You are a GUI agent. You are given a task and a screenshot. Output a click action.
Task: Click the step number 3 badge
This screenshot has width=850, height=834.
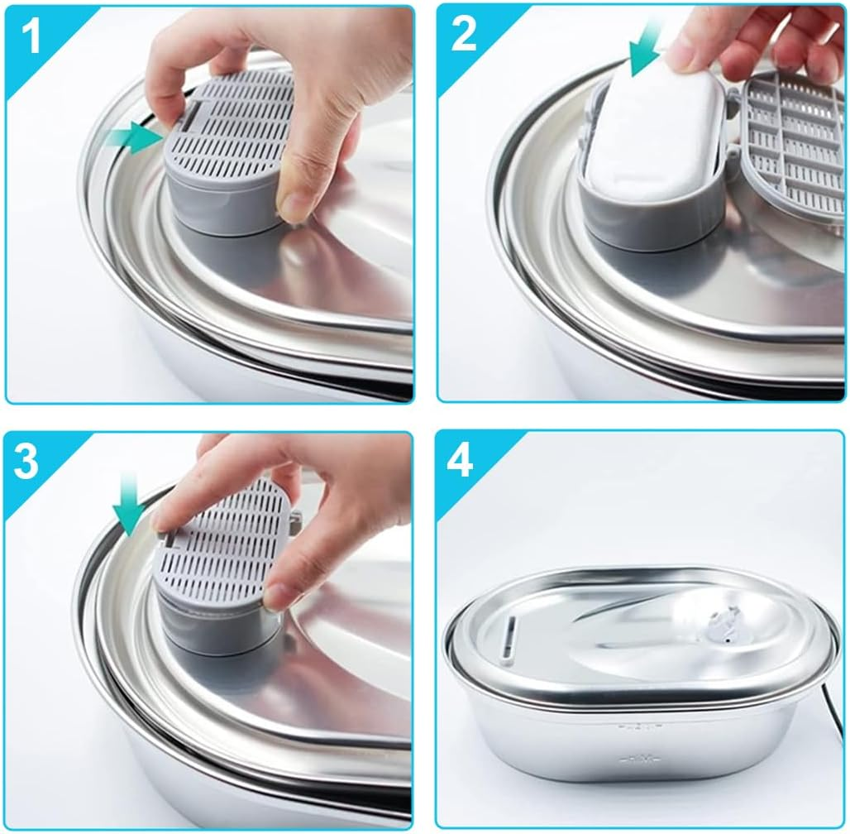[x=26, y=463]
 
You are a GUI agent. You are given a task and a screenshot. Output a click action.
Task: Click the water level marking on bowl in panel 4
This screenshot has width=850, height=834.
[x=637, y=728]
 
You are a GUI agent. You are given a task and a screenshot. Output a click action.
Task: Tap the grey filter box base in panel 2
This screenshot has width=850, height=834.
[x=645, y=215]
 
